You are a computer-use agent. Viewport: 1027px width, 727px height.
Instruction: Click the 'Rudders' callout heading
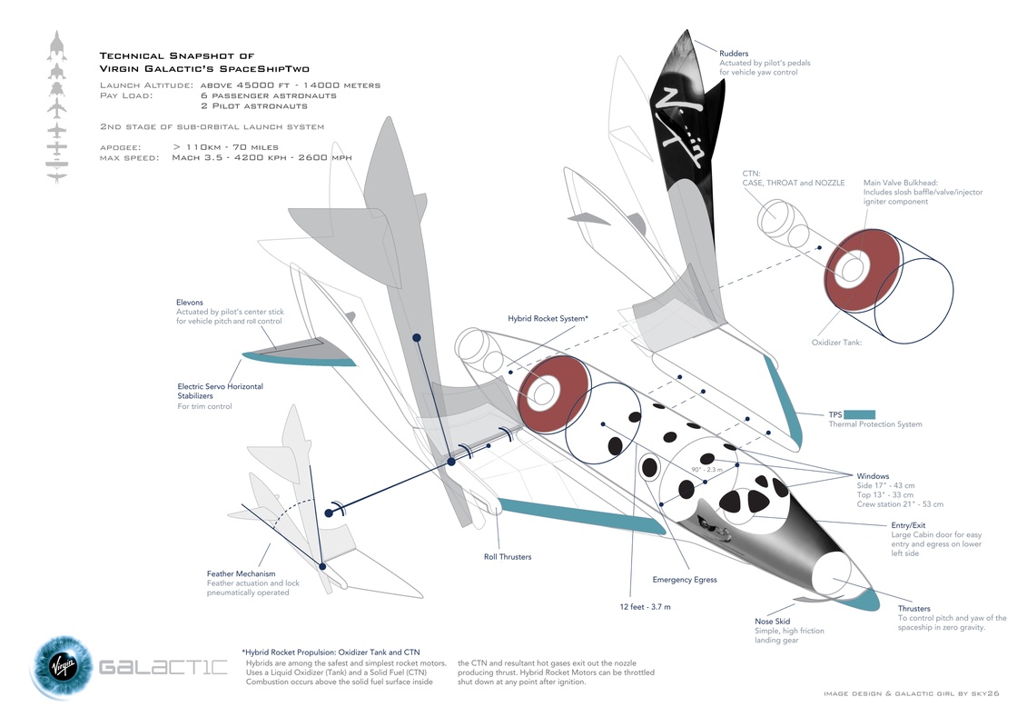(734, 54)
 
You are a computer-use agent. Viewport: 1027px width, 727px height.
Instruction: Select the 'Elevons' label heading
(190, 302)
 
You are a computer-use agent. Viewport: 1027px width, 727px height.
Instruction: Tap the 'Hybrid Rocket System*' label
(548, 319)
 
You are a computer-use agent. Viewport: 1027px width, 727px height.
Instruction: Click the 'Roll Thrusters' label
(508, 557)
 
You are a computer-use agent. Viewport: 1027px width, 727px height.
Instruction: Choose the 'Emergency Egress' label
(685, 580)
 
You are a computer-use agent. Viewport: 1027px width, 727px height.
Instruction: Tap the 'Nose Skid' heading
(772, 622)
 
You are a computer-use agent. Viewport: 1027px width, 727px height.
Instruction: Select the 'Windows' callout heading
(874, 476)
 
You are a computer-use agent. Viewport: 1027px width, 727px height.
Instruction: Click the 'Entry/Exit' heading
(910, 524)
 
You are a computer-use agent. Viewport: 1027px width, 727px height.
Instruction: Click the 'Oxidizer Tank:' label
(835, 343)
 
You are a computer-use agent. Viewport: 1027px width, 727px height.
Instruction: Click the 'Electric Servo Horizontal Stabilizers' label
(220, 391)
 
